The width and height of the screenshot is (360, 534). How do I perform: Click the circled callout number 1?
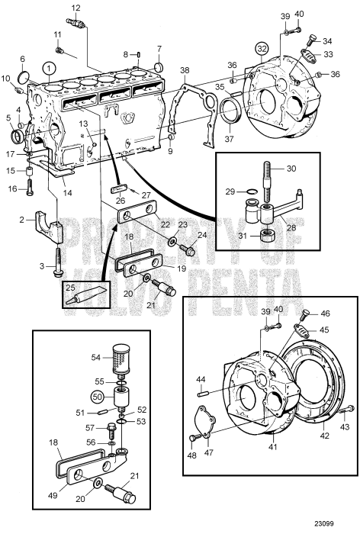[49, 69]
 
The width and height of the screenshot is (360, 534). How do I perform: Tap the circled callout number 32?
[262, 49]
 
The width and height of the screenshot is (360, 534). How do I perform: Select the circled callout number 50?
[97, 397]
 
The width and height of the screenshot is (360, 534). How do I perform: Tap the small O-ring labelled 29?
[252, 192]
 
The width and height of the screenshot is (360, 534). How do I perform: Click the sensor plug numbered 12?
[77, 23]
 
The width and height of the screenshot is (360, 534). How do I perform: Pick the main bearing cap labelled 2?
[49, 227]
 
